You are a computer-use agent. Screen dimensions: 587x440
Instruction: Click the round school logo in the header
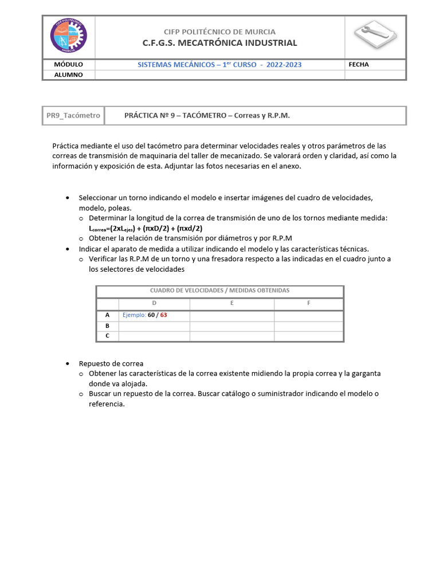[69, 36]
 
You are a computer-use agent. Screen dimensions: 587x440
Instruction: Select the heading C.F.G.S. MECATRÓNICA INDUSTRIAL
[219, 43]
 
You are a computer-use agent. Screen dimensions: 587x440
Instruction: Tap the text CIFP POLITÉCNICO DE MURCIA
[219, 32]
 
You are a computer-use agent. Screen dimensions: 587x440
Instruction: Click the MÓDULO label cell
[68, 64]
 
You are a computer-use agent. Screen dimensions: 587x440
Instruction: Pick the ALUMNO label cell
[68, 75]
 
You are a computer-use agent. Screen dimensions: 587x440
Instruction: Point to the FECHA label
[359, 64]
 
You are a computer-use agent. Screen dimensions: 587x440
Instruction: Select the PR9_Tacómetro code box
[73, 115]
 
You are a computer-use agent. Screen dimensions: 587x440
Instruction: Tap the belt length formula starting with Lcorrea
[146, 228]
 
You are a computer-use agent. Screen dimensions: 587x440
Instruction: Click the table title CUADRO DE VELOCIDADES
[219, 291]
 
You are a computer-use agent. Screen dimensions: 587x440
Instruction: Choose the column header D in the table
[154, 303]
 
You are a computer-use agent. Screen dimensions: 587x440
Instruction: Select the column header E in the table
[231, 303]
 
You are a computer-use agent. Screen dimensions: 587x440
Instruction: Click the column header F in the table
[309, 303]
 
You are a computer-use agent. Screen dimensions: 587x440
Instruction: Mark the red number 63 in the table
[163, 315]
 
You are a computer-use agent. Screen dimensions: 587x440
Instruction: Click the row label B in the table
[107, 326]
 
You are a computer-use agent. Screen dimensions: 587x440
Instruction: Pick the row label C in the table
[107, 336]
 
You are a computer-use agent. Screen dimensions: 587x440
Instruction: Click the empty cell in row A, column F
[309, 315]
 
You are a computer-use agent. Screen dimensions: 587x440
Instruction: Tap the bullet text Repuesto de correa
[111, 363]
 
